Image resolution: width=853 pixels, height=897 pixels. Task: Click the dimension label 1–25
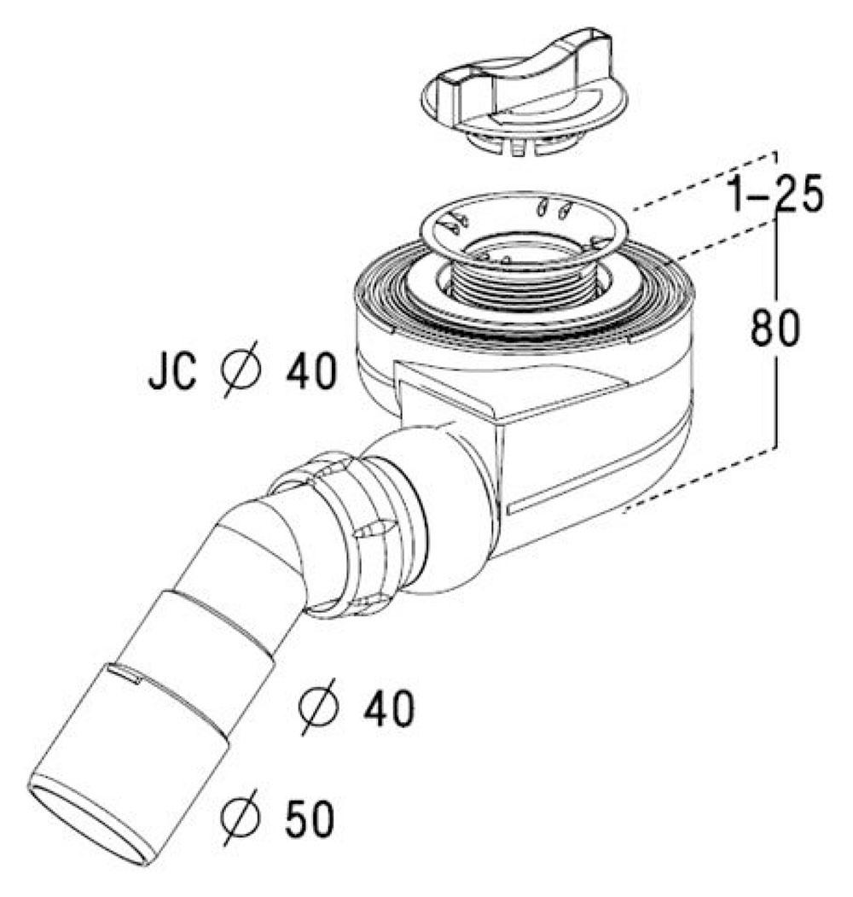(x=776, y=193)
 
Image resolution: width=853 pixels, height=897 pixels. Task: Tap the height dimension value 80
(x=775, y=327)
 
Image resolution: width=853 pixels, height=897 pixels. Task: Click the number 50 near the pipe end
(x=309, y=818)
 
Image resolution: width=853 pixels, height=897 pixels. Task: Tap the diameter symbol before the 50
(x=241, y=816)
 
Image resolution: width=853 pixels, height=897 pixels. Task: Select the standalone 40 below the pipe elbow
(x=388, y=708)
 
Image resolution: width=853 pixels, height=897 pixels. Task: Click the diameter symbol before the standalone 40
(x=318, y=706)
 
